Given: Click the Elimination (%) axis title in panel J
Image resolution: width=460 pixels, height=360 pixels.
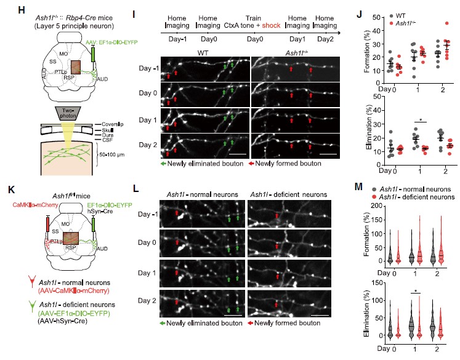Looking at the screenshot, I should [360, 126].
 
